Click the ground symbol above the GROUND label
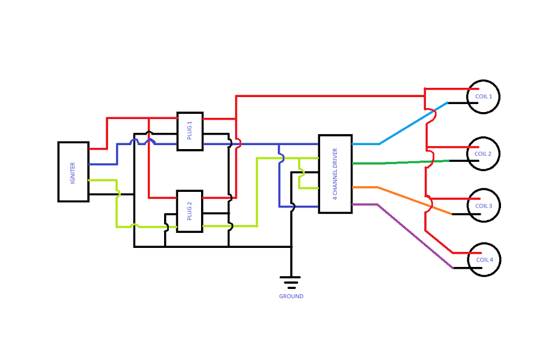pyautogui.click(x=291, y=282)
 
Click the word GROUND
pyautogui.click(x=291, y=296)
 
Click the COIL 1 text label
pyautogui.click(x=483, y=97)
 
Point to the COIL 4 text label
pyautogui.click(x=484, y=259)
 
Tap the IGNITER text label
pyautogui.click(x=73, y=172)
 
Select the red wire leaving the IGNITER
pyautogui.click(x=107, y=133)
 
